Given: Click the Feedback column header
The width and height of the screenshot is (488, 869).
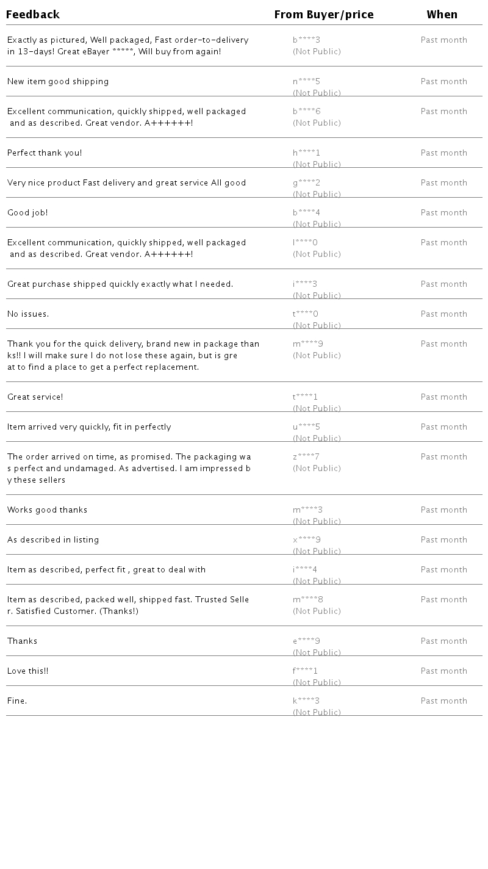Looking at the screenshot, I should point(33,15).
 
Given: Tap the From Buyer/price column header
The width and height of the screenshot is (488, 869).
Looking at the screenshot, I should point(324,15).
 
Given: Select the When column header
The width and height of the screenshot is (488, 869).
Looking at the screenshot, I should point(442,15).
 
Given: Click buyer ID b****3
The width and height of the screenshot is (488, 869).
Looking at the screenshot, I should point(306,40).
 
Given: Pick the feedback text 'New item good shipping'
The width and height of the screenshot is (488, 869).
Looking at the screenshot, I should point(58,82).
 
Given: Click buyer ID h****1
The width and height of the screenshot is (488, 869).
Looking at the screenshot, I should point(306,153).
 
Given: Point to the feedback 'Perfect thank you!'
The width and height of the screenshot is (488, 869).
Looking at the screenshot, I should point(45,153).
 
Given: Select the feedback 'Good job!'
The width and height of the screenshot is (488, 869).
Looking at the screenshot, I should point(27,213).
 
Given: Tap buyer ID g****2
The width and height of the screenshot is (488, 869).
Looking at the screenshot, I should point(306,183).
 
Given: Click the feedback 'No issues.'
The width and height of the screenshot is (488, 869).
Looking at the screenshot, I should point(28,314).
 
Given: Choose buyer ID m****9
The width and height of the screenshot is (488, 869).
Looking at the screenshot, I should point(307,344).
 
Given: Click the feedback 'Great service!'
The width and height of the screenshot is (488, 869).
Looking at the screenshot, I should point(35,397).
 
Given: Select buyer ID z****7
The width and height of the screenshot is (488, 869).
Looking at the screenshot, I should point(306,457).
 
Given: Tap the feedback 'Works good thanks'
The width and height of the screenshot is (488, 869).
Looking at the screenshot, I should point(47,510).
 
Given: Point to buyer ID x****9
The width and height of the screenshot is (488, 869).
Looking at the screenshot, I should point(306,540).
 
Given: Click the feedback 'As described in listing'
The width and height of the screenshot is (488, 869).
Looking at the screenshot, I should point(53,540).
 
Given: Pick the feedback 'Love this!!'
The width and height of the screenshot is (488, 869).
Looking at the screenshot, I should point(27,671).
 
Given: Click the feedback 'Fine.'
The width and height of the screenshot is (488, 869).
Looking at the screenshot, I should point(17,701).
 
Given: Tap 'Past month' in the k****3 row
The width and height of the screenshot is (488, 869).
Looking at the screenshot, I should point(443,701).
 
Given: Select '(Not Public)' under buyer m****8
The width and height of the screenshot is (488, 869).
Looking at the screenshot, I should point(317,611).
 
